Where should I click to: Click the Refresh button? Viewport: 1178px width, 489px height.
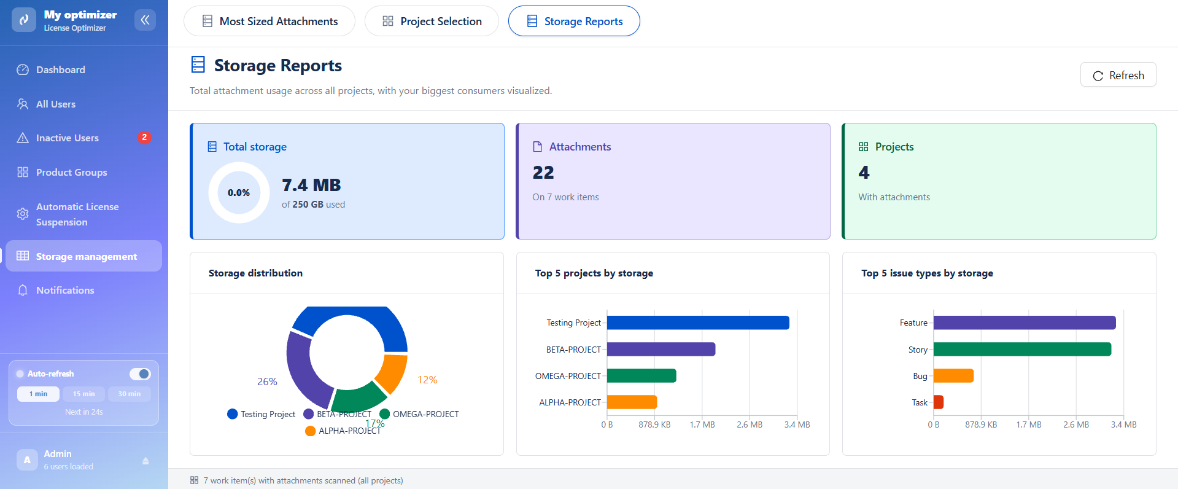pos(1118,75)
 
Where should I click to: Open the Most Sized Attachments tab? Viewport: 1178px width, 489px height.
pos(269,22)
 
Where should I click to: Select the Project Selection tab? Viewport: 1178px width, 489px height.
pos(432,22)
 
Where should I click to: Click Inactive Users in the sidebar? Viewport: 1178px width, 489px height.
pos(67,138)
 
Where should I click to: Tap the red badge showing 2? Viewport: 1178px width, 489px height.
pos(144,138)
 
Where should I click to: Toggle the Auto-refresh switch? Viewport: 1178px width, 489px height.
pos(140,374)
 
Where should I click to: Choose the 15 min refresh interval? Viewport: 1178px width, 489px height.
pos(83,394)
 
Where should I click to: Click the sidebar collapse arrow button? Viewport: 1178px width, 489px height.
pos(145,20)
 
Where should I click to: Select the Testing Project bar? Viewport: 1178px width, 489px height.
pos(698,323)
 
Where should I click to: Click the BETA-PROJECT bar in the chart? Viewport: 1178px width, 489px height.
pos(661,349)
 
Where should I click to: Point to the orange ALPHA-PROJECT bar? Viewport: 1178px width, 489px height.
pos(632,402)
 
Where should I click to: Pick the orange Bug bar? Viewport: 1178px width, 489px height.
pos(953,375)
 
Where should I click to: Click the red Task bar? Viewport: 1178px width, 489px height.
pos(939,402)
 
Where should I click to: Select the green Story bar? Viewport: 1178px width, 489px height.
pos(1022,349)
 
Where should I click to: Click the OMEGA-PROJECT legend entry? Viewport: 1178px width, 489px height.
pos(419,414)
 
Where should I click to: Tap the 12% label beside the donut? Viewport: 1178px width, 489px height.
pos(427,380)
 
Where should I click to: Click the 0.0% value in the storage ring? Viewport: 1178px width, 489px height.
pos(239,192)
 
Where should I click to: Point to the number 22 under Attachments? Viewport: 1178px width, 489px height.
pos(543,173)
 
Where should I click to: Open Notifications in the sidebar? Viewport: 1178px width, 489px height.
pos(65,290)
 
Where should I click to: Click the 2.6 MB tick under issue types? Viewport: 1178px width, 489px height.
pos(1076,424)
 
